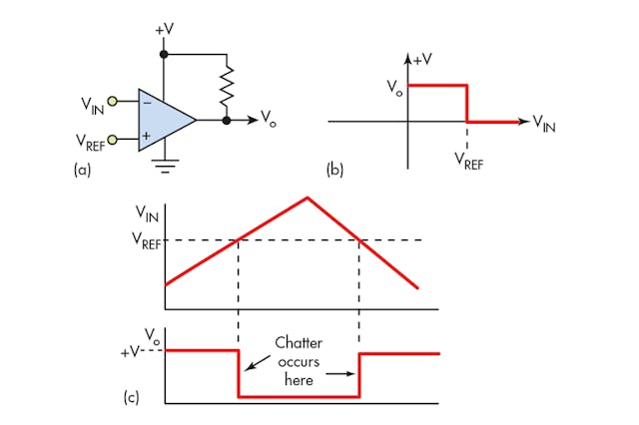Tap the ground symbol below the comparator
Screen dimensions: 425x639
(x=164, y=167)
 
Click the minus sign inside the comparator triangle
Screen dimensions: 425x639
(x=148, y=102)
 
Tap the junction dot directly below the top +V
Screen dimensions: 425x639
(x=164, y=53)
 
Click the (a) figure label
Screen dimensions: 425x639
(x=84, y=170)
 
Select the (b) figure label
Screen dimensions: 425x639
(x=336, y=170)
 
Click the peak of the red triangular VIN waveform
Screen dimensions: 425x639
(x=308, y=198)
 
